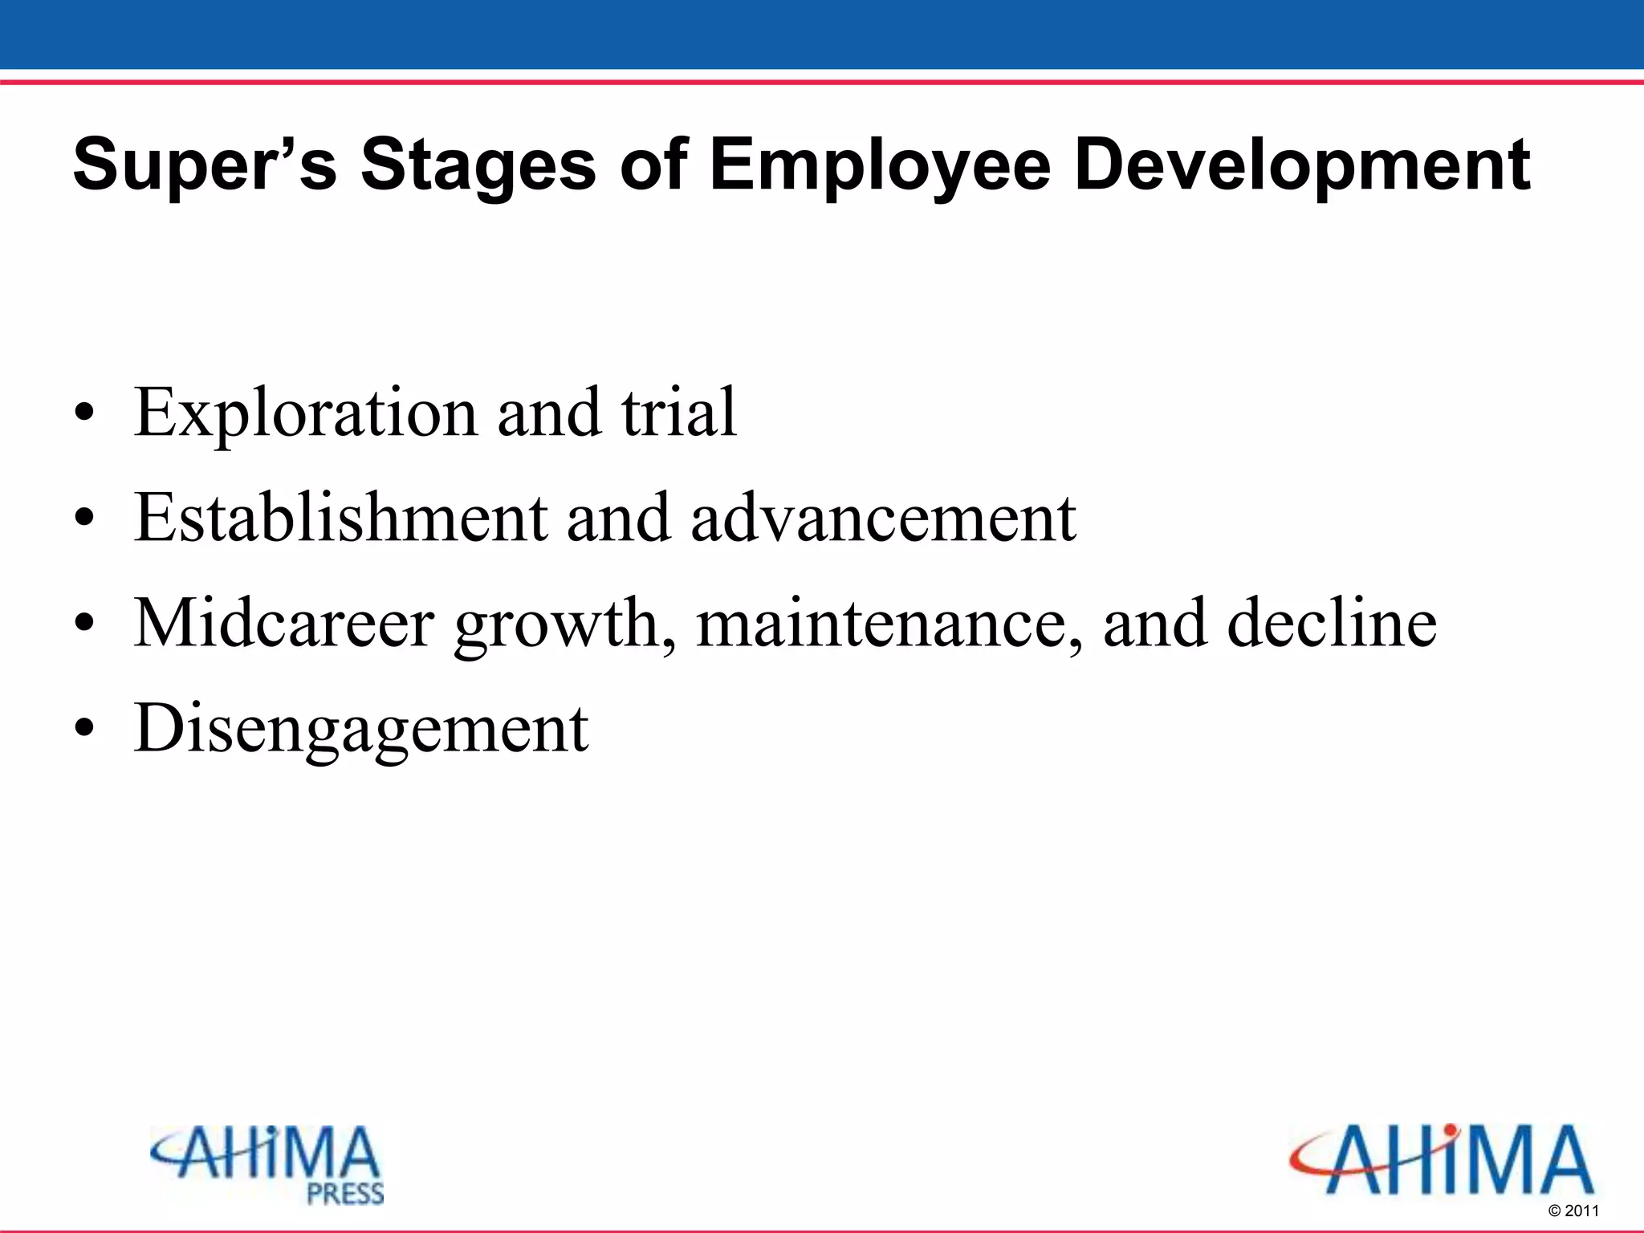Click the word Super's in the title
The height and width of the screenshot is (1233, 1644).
pyautogui.click(x=204, y=165)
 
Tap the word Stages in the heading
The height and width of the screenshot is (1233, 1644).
pyautogui.click(x=478, y=165)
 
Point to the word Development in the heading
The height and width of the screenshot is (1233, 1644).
pyautogui.click(x=1302, y=165)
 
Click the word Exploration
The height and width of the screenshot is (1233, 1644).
pyautogui.click(x=305, y=413)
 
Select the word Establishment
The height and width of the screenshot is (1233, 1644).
pyautogui.click(x=340, y=518)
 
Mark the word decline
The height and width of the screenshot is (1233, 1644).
pyautogui.click(x=1332, y=623)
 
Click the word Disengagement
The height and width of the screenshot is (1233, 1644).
pyautogui.click(x=361, y=729)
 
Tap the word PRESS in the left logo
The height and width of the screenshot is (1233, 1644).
pyautogui.click(x=345, y=1194)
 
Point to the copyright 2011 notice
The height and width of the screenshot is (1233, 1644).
pyautogui.click(x=1573, y=1211)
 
